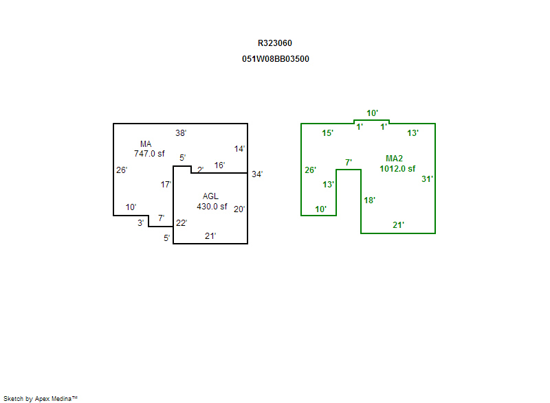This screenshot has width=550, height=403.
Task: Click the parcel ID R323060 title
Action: click(x=275, y=43)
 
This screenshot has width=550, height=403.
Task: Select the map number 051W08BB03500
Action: click(x=275, y=59)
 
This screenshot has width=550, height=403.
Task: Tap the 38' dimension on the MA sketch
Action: click(x=181, y=133)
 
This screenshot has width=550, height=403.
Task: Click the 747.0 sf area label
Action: click(x=149, y=154)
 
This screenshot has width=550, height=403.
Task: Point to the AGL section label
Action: click(x=210, y=196)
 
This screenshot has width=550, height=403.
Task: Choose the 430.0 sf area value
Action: click(x=212, y=206)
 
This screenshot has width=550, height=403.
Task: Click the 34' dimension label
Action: click(x=257, y=174)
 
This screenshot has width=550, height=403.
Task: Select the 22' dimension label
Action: click(x=181, y=222)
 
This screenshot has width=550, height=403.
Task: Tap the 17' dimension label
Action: click(x=166, y=185)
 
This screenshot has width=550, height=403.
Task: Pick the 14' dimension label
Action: click(x=240, y=148)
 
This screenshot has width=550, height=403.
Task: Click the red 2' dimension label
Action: click(x=200, y=170)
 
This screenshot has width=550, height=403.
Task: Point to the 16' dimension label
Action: click(x=219, y=165)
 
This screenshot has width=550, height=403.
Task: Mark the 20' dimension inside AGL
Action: click(x=239, y=209)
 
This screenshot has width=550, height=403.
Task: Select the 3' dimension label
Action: click(x=141, y=222)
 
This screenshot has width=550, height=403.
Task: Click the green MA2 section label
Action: click(x=394, y=159)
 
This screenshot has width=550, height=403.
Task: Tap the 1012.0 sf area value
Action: click(x=397, y=168)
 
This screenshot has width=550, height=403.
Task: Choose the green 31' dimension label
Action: click(x=427, y=179)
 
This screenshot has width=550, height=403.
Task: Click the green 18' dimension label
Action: click(x=369, y=200)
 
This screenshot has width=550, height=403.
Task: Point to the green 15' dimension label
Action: click(x=328, y=133)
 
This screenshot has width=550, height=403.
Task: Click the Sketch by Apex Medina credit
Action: click(x=40, y=398)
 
